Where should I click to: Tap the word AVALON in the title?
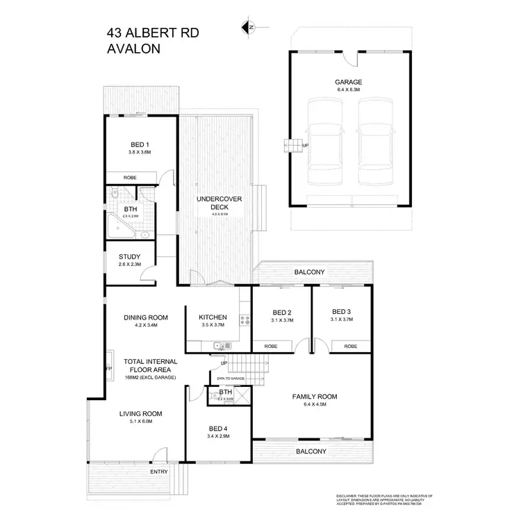click(x=135, y=49)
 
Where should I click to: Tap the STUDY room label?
click(x=129, y=257)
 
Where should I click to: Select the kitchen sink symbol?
click(x=222, y=345)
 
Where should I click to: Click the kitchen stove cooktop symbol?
click(x=244, y=320)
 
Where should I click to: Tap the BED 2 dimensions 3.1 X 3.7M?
click(x=281, y=320)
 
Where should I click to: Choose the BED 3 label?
click(x=342, y=312)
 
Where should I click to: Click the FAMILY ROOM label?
click(x=315, y=397)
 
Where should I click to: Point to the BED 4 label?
click(x=217, y=429)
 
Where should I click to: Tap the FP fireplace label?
click(x=108, y=368)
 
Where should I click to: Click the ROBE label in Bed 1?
click(x=130, y=178)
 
